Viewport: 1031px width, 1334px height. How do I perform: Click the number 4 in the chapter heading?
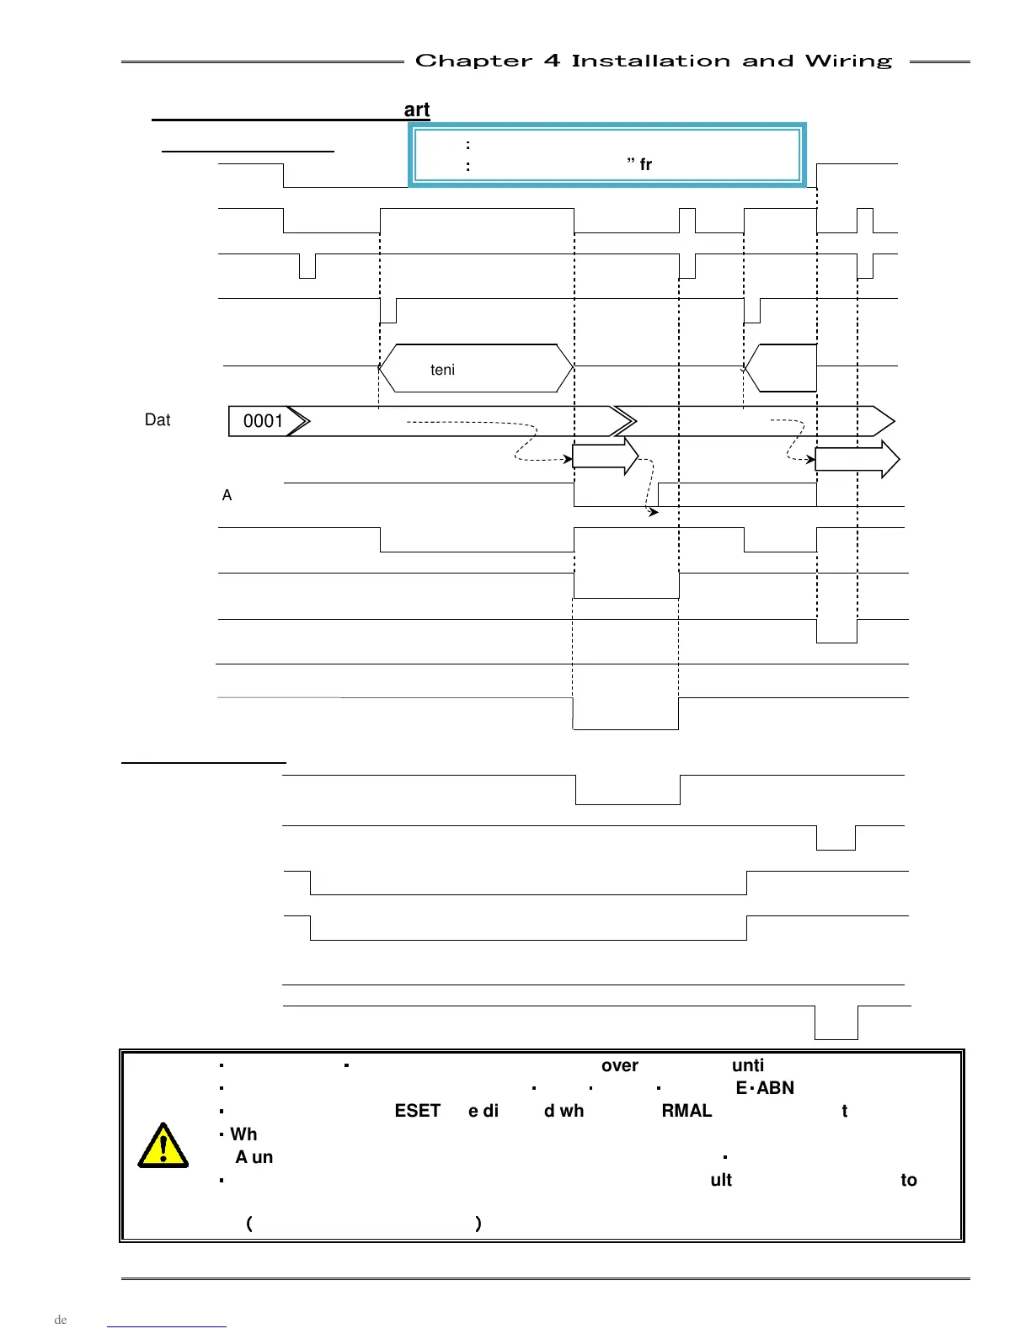[552, 61]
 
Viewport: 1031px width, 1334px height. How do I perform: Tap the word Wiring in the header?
[847, 61]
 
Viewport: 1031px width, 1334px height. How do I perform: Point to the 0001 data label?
[263, 421]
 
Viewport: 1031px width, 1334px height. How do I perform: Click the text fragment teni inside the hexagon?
[442, 370]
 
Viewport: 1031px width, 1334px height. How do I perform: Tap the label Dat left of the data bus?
[158, 420]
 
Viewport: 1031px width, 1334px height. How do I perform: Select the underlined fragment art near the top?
[417, 109]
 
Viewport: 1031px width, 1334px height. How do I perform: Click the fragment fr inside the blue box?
[645, 164]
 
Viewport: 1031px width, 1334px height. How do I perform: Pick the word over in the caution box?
[619, 1065]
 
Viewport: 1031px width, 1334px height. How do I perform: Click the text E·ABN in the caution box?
[765, 1088]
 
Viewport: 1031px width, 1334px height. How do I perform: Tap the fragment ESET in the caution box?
[417, 1111]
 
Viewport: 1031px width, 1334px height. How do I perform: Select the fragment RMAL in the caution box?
[686, 1111]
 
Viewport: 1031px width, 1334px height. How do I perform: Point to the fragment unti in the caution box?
[748, 1065]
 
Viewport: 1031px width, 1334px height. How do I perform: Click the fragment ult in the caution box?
[721, 1180]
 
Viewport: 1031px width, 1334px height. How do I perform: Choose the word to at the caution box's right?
[908, 1180]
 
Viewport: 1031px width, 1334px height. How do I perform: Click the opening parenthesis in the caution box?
[249, 1223]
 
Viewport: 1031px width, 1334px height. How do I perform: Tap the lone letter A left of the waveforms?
[227, 495]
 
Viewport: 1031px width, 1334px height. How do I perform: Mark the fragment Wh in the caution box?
[243, 1134]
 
